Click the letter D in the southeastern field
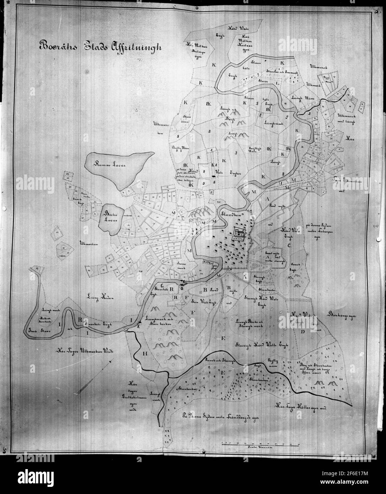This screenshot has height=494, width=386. [303, 332]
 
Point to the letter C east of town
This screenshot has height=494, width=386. [289, 245]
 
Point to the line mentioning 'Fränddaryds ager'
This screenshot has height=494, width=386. [220, 417]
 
